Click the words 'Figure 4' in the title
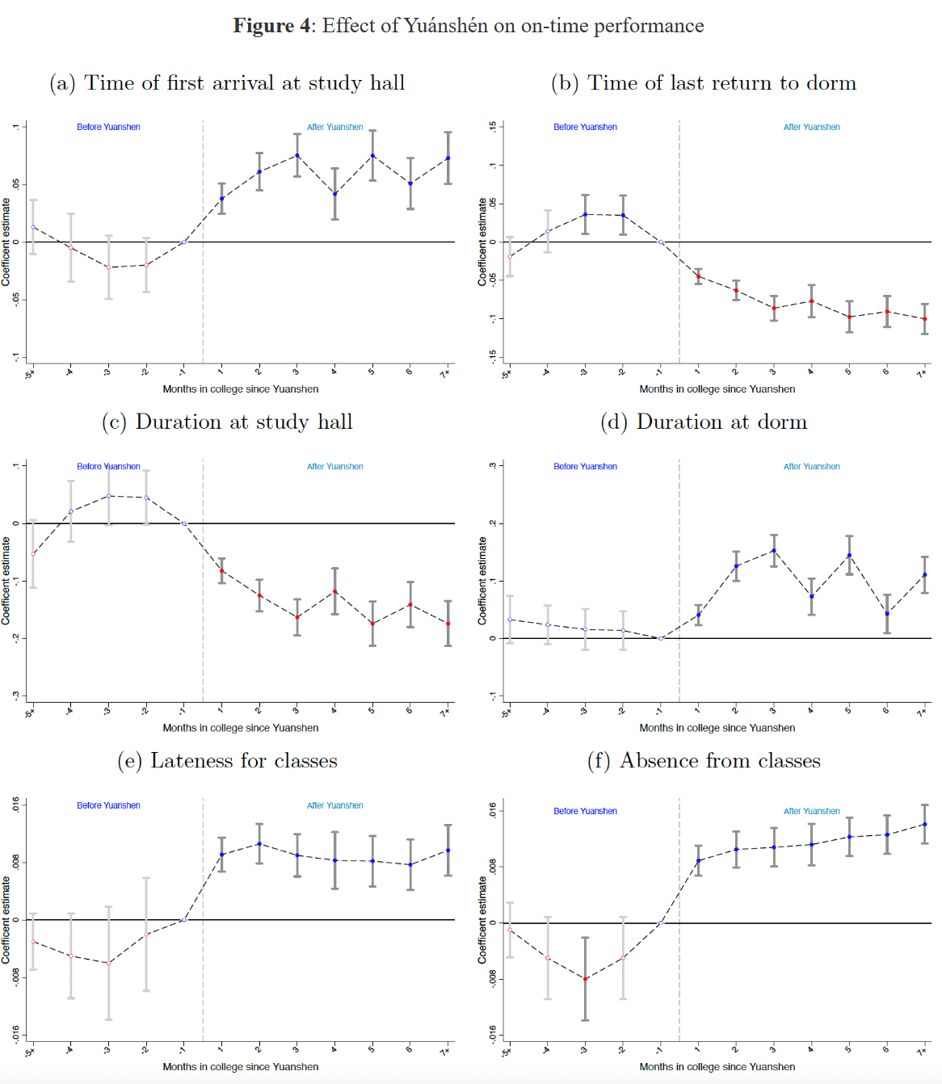(271, 26)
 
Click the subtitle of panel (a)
(227, 83)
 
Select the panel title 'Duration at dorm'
(704, 422)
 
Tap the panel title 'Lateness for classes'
(227, 761)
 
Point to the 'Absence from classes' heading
(704, 761)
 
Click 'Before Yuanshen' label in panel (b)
(585, 127)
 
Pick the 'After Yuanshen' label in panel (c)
(334, 466)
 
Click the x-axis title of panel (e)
(240, 1067)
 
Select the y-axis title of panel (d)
(482, 581)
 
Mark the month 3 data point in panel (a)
(297, 155)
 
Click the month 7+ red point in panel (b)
(925, 319)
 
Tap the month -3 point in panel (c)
(108, 496)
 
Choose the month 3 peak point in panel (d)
(774, 551)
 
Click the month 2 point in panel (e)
(259, 844)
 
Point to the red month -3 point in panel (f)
(585, 979)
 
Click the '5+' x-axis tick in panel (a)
(30, 373)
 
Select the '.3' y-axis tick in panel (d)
(492, 465)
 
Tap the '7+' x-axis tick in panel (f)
(922, 1051)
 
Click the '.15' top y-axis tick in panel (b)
(492, 127)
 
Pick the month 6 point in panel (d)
(887, 614)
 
